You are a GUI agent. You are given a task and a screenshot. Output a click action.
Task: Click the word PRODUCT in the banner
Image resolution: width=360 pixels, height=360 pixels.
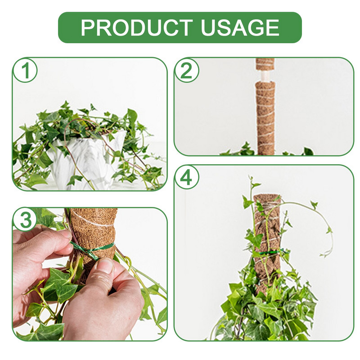[137, 27]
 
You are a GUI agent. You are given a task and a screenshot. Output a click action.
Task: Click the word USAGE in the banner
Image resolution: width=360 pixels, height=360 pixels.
[240, 27]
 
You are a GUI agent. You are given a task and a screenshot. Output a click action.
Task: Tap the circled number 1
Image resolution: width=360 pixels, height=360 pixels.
[25, 71]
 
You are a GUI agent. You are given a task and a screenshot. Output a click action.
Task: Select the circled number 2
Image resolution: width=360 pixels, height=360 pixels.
[186, 71]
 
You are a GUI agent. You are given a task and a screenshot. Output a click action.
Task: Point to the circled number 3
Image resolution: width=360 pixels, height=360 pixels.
[25, 220]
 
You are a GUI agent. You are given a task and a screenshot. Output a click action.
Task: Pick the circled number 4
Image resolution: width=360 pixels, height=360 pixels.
[186, 177]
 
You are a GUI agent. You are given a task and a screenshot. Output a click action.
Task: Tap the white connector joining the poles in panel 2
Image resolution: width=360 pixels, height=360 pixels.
[265, 76]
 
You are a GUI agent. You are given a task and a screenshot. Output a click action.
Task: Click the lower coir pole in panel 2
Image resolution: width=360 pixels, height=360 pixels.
[265, 118]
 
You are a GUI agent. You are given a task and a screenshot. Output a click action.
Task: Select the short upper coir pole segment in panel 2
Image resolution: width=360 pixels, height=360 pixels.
[265, 64]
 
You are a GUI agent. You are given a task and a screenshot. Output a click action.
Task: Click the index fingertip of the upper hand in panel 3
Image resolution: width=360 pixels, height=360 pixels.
[68, 234]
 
